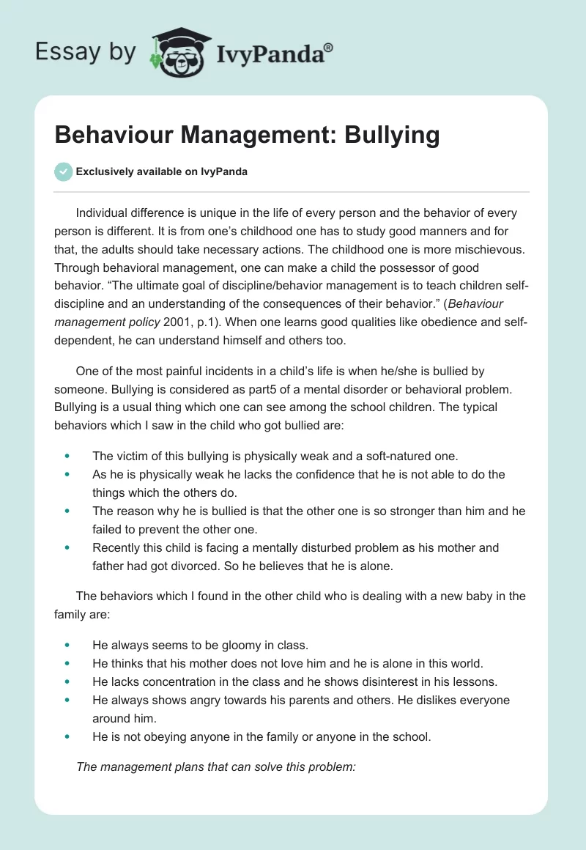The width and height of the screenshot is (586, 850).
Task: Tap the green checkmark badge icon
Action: tap(63, 172)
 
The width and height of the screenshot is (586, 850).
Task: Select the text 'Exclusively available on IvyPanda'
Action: tap(162, 172)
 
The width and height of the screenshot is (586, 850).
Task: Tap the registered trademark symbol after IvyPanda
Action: tap(329, 47)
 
